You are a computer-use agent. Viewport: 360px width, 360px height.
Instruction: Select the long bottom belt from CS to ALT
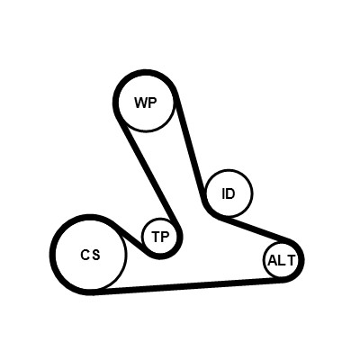189,285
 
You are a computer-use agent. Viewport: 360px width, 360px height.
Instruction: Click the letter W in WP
141,103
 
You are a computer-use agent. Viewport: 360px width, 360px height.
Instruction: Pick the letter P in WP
153,103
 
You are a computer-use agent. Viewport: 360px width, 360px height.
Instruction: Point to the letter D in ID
230,193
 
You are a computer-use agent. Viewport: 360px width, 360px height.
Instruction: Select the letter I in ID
223,193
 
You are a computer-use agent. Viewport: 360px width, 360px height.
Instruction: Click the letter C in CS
85,255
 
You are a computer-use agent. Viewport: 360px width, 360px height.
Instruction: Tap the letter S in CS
95,255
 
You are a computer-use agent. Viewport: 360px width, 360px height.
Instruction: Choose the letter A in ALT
273,260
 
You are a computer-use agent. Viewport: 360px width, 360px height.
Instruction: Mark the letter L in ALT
282,260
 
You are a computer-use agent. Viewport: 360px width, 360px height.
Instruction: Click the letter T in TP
157,237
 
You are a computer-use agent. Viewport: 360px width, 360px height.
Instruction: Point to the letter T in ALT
292,260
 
